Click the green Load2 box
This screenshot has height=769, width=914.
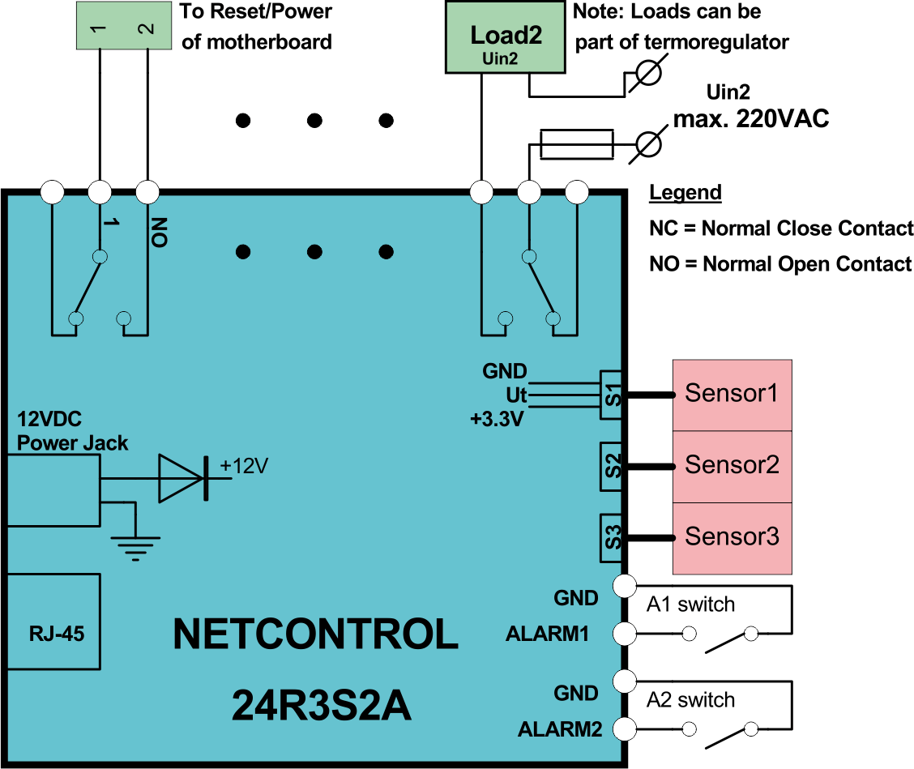pyautogui.click(x=506, y=37)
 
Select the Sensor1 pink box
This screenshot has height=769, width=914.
pyautogui.click(x=732, y=395)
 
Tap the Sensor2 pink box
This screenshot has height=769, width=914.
pyautogui.click(x=732, y=466)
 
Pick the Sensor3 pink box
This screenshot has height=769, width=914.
pyautogui.click(x=732, y=537)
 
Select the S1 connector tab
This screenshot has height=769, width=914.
pyautogui.click(x=613, y=395)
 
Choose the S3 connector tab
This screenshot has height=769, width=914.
pyautogui.click(x=613, y=537)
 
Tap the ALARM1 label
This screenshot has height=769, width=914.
pyautogui.click(x=547, y=634)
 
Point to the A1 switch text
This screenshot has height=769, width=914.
pyautogui.click(x=690, y=605)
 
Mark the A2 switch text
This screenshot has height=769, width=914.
pyautogui.click(x=690, y=700)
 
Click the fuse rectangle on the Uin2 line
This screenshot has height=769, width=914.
pyautogui.click(x=577, y=144)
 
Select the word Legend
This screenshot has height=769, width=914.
pyautogui.click(x=685, y=193)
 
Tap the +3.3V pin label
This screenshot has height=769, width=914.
pyautogui.click(x=498, y=419)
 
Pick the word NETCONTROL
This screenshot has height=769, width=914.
pyautogui.click(x=316, y=635)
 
